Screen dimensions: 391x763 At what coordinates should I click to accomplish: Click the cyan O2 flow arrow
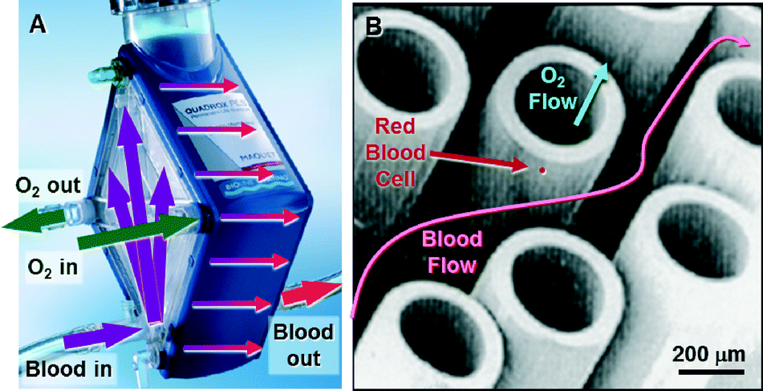point(591,97)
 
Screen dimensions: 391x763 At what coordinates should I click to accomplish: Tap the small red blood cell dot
point(542,170)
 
